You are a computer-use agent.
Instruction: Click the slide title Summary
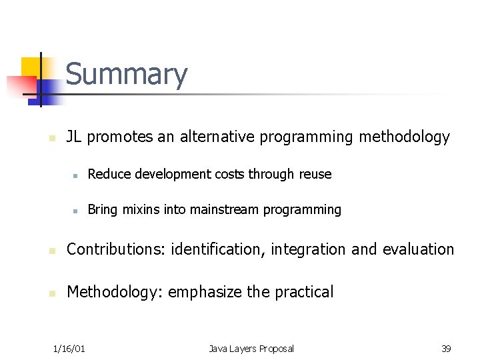tap(127, 75)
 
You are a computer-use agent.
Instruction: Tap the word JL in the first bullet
tap(75, 137)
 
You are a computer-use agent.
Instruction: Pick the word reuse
tap(315, 174)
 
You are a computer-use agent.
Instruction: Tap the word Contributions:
tap(116, 249)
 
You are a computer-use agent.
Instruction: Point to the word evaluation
tap(418, 249)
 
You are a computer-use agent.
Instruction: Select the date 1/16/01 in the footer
tap(69, 349)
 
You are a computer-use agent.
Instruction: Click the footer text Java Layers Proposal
tap(251, 349)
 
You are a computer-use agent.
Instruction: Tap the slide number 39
tap(446, 349)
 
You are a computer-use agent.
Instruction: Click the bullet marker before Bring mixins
tap(77, 211)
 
